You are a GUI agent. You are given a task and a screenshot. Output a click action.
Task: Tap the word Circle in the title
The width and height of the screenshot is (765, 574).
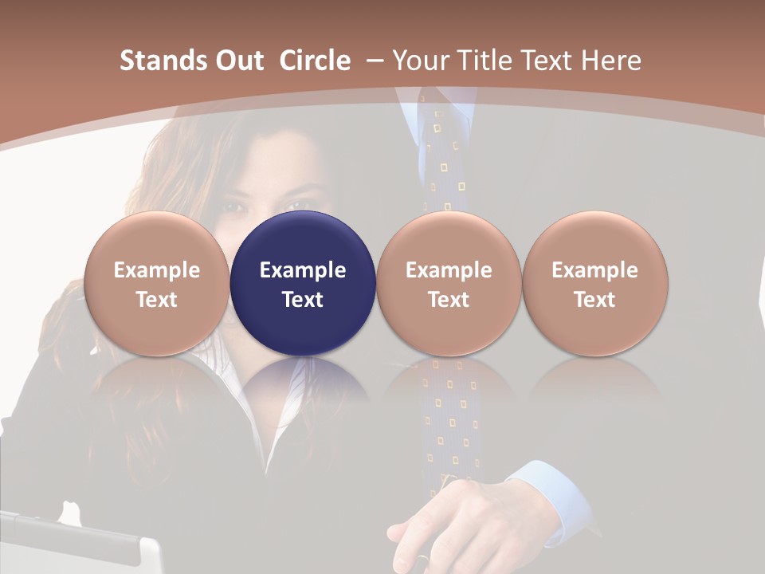tap(315, 61)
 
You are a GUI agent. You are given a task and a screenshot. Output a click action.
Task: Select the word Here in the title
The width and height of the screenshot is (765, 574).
tap(610, 61)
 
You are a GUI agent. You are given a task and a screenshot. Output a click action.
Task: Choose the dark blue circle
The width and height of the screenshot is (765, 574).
tap(303, 284)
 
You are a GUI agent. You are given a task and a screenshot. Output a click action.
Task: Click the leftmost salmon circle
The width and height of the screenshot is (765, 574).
tap(157, 284)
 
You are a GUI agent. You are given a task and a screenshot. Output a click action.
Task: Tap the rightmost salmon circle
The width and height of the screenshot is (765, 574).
tap(594, 284)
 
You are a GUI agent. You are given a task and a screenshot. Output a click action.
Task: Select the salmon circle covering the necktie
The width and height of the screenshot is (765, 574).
tap(449, 284)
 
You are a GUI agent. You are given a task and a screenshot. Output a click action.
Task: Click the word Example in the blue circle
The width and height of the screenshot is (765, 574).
tap(303, 270)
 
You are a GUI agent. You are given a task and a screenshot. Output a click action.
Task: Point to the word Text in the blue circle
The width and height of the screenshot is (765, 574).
tap(303, 300)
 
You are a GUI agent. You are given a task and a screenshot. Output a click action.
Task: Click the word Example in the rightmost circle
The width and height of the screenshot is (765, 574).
tap(594, 270)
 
